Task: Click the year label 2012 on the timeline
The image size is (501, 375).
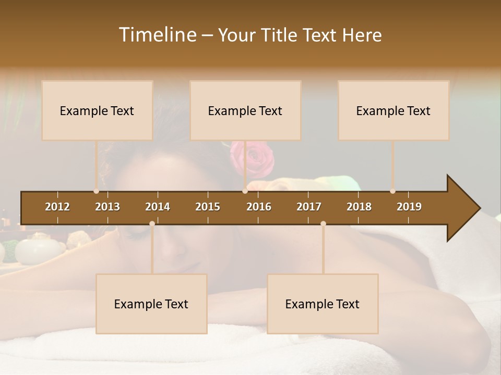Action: pyautogui.click(x=57, y=207)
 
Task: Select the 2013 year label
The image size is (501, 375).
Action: pyautogui.click(x=108, y=207)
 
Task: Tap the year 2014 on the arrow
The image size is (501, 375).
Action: pyautogui.click(x=158, y=207)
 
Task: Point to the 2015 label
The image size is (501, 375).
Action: pyautogui.click(x=208, y=207)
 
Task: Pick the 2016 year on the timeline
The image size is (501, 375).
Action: pyautogui.click(x=259, y=207)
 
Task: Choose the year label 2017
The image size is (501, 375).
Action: pyautogui.click(x=309, y=207)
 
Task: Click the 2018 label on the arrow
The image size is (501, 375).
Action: pyautogui.click(x=359, y=207)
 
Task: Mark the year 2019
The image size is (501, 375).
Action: pyautogui.click(x=409, y=207)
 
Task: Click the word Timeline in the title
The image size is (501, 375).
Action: pyautogui.click(x=157, y=35)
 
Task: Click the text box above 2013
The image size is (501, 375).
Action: pyautogui.click(x=97, y=110)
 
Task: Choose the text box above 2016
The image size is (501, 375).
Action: pyautogui.click(x=245, y=110)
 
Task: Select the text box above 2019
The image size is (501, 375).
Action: pyautogui.click(x=393, y=110)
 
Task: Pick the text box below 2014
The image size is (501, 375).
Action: pyautogui.click(x=151, y=304)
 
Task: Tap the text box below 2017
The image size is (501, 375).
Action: pyautogui.click(x=323, y=304)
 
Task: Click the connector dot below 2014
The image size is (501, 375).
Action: pyautogui.click(x=152, y=224)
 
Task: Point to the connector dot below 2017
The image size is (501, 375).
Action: pyautogui.click(x=323, y=224)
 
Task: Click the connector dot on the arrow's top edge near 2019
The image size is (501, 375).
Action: pyautogui.click(x=392, y=191)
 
